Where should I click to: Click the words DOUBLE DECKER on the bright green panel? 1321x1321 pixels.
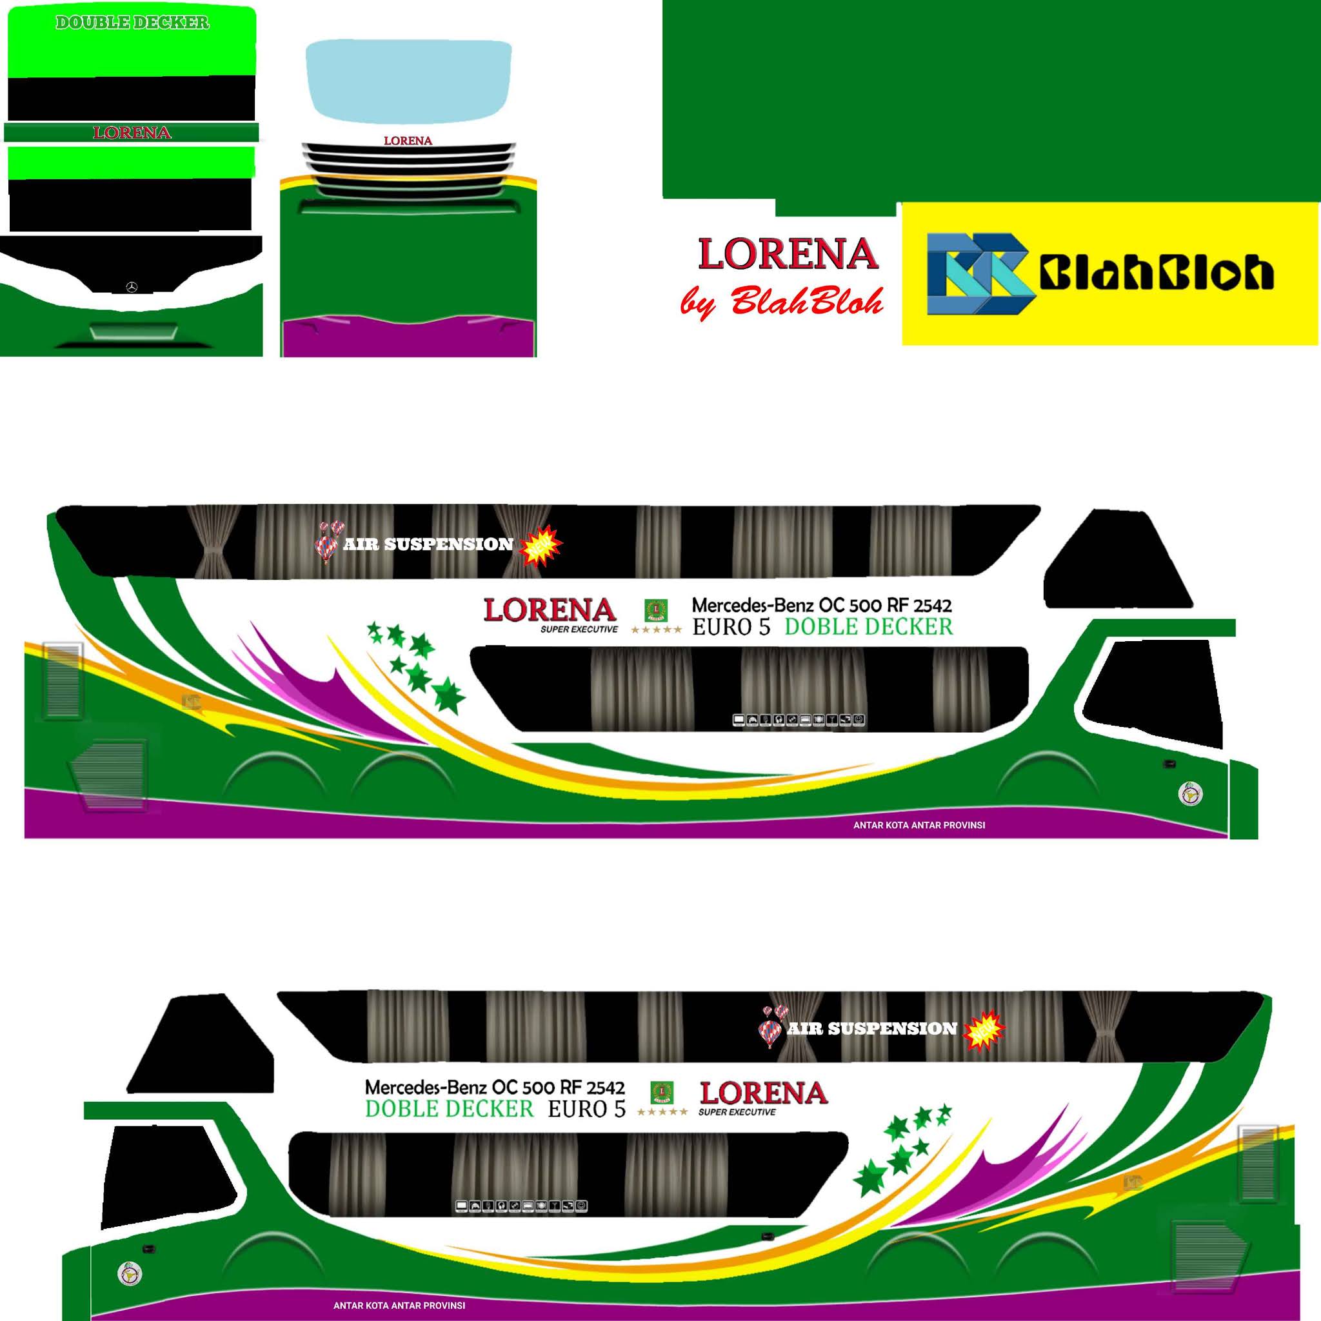(132, 23)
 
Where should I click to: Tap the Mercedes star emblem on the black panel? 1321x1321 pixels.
(132, 287)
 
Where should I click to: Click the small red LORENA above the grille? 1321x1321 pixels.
(408, 141)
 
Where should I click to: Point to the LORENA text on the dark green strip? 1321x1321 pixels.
(132, 133)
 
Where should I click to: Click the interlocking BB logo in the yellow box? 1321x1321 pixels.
(978, 273)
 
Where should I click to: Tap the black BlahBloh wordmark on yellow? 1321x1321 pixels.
(1155, 273)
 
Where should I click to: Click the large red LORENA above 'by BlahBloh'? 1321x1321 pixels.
(788, 254)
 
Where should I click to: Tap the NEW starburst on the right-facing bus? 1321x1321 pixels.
(541, 546)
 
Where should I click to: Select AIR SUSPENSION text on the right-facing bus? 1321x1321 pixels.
(428, 544)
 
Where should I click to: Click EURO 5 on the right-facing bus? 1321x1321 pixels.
(731, 627)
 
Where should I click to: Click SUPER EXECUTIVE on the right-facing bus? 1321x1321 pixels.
(579, 629)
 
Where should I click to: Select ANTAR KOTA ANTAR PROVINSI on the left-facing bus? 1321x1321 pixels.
(399, 1306)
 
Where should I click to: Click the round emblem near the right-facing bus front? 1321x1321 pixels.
(1192, 794)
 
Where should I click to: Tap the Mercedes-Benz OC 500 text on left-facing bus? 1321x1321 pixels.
(494, 1087)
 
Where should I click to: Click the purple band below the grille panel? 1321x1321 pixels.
(408, 339)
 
